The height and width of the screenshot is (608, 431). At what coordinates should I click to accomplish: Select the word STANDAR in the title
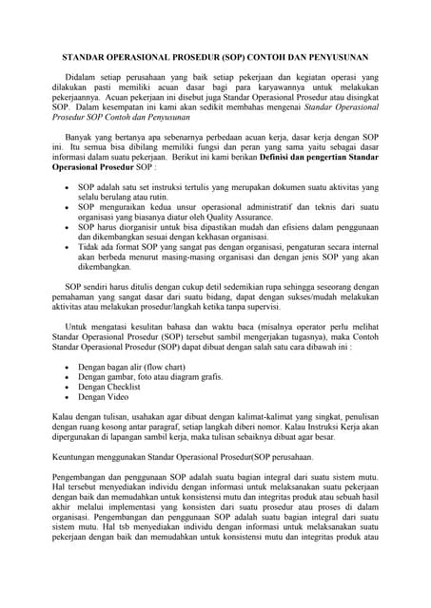(86, 57)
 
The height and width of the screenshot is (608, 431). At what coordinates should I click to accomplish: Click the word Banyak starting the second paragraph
(80, 138)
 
